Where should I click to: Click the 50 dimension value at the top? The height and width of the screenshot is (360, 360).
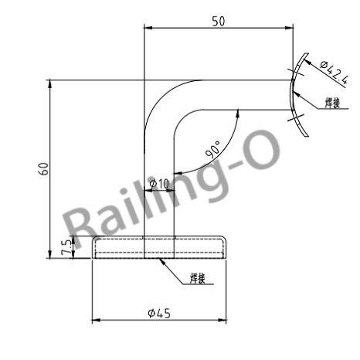coord(219,21)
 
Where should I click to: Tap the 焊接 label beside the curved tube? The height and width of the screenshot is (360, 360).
coord(333,102)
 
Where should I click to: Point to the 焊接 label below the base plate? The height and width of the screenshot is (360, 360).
coord(197,278)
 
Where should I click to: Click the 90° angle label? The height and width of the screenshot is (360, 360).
coord(215,148)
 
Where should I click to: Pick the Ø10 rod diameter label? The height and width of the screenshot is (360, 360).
coord(159,183)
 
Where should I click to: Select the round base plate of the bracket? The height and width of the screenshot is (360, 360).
coord(160,248)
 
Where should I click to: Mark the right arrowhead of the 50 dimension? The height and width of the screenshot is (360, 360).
coord(290,29)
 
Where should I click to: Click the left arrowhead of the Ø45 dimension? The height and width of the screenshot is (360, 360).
coord(96,318)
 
